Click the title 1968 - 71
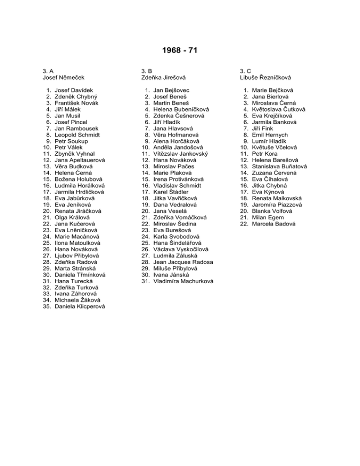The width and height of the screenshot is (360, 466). (x=180, y=50)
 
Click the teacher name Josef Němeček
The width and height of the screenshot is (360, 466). (x=64, y=77)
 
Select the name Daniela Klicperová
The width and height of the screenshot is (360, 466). (x=80, y=307)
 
